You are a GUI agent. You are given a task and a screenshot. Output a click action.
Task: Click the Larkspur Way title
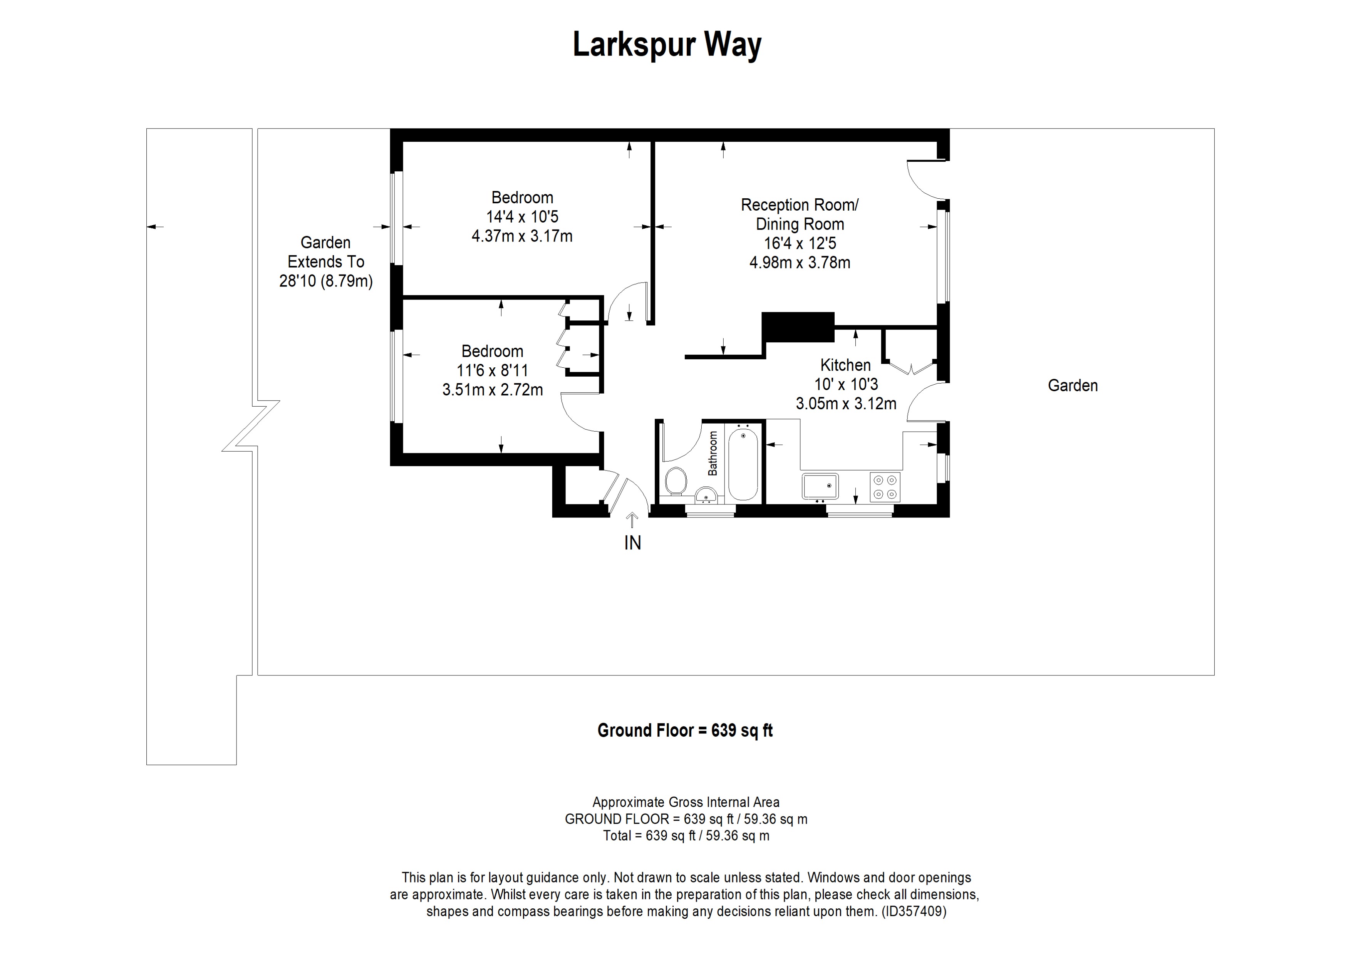[x=667, y=45]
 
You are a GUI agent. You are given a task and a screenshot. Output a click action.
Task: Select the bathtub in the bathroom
[x=743, y=464]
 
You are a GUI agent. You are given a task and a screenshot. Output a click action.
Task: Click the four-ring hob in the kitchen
[x=885, y=486]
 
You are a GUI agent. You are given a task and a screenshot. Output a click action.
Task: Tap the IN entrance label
[x=632, y=543]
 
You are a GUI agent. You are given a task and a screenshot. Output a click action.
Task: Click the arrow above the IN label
[x=632, y=519]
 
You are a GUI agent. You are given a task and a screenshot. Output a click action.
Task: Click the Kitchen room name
[x=845, y=365]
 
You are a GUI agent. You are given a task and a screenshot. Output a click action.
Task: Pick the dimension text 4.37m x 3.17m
[x=522, y=236]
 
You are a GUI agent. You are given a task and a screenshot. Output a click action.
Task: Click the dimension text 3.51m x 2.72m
[x=492, y=390]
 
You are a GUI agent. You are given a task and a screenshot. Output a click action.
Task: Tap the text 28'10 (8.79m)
[x=326, y=281]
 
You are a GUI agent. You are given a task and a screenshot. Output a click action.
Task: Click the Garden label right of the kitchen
[x=1073, y=385]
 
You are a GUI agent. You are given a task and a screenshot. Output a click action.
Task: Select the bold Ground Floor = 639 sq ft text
[x=684, y=730]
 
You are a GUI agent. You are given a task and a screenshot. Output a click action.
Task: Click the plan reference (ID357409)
[x=914, y=911]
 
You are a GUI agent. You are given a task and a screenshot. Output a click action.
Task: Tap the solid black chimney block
[x=798, y=327]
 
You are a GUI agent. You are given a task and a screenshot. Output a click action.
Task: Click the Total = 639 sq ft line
[x=686, y=836]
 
